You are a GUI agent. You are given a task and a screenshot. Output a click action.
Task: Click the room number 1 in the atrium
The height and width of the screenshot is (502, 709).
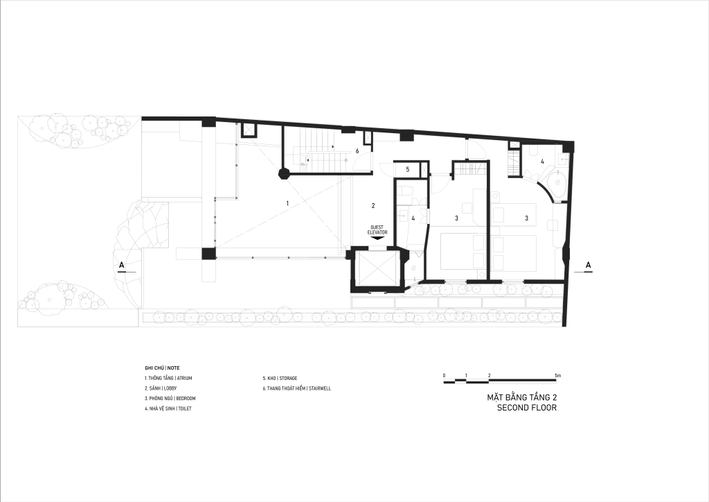[x=287, y=204]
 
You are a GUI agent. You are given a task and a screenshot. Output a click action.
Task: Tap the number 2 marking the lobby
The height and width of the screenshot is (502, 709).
[x=373, y=205]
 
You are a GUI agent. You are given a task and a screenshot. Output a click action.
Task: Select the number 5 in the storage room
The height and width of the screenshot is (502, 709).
[x=407, y=169]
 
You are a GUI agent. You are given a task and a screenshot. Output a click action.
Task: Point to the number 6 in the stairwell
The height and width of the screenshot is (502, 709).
[x=357, y=151]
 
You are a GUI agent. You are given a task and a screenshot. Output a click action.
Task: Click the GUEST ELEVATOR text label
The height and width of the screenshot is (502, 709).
[x=377, y=230]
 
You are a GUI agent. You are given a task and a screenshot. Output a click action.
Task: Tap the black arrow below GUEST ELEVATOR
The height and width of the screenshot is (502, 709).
[x=377, y=237]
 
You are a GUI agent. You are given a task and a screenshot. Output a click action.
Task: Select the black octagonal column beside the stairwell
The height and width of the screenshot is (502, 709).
[x=284, y=174]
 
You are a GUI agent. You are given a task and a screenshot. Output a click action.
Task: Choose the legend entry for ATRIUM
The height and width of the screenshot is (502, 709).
[x=168, y=378]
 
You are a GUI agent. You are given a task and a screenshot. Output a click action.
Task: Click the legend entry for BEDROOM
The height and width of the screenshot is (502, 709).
[x=170, y=398]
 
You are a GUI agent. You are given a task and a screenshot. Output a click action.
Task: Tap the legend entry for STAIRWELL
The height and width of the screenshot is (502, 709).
[x=296, y=388]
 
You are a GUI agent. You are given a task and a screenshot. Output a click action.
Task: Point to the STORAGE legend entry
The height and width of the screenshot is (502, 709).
[x=280, y=378]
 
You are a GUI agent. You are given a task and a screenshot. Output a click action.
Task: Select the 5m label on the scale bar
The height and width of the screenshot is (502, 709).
[x=558, y=376]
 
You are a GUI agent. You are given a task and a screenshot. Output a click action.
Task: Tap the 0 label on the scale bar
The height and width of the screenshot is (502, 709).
[x=445, y=376]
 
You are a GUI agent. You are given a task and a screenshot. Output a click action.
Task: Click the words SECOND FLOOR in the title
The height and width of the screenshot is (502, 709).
[x=527, y=408]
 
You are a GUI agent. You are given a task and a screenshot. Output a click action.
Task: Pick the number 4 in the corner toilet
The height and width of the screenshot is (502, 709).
[x=542, y=161]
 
